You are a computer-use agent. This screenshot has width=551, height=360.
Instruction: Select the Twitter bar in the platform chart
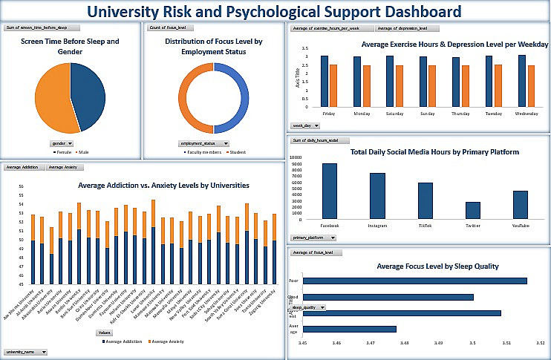pyautogui.click(x=473, y=210)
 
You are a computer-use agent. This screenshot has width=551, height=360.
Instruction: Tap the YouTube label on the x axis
pyautogui.click(x=520, y=224)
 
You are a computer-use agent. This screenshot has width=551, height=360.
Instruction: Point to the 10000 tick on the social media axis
pyautogui.click(x=296, y=157)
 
